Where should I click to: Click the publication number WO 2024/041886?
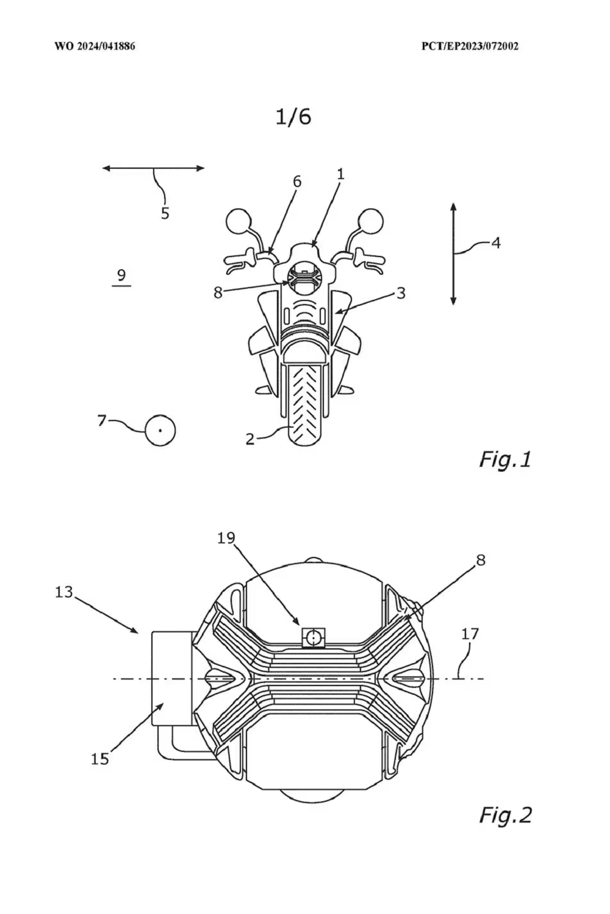tap(95, 46)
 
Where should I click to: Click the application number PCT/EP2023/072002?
tap(470, 46)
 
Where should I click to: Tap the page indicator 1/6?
tap(293, 117)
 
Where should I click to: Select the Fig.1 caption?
tap(505, 460)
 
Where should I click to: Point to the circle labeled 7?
tap(160, 430)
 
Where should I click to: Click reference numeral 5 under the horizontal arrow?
tap(165, 213)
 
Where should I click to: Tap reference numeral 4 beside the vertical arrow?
tap(495, 243)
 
